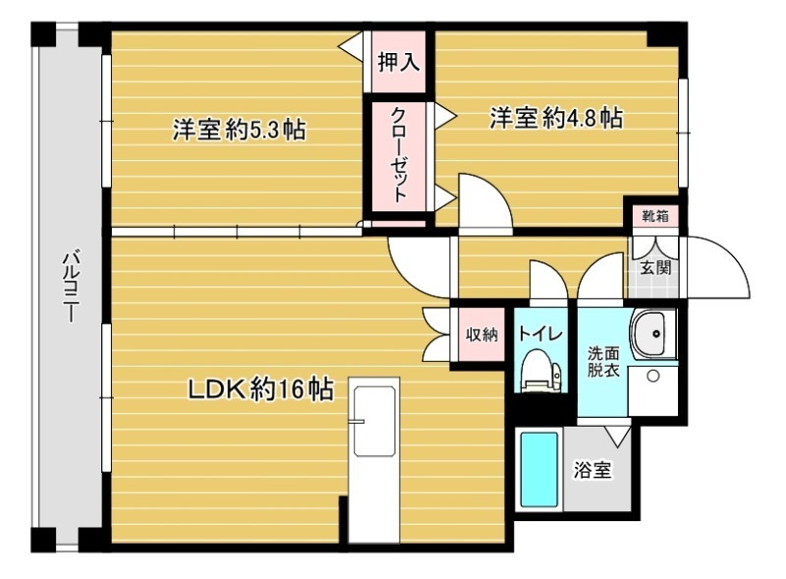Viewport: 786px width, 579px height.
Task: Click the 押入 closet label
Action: coord(399,62)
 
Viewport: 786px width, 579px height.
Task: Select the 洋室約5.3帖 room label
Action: coord(239,130)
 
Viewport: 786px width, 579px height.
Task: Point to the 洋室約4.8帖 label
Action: coord(556,119)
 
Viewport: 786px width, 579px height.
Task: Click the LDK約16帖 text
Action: coord(259,390)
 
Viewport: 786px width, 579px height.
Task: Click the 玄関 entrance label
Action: coord(655,266)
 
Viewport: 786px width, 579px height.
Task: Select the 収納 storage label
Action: coord(481,334)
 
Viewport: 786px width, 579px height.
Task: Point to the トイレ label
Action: coord(539,334)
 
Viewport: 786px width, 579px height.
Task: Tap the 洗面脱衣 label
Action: coord(602,362)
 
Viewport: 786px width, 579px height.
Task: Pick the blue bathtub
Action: coord(539,470)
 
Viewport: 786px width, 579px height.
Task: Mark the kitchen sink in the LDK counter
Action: coord(374,420)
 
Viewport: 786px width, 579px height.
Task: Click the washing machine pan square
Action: coord(651,389)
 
